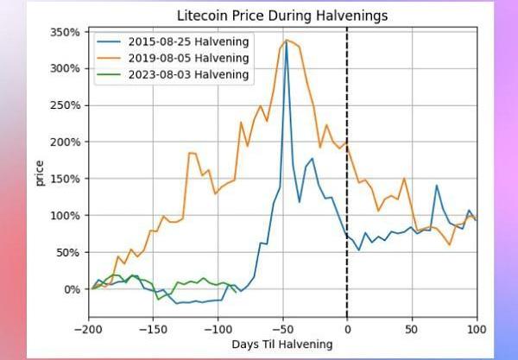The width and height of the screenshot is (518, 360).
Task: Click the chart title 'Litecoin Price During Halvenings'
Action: tap(281, 16)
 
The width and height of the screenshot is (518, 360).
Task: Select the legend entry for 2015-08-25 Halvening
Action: tap(186, 41)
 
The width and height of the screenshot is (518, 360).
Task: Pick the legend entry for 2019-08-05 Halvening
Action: tap(186, 58)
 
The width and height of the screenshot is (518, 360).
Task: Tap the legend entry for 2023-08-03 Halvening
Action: tap(186, 74)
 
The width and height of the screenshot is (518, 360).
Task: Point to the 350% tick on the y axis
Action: tap(66, 32)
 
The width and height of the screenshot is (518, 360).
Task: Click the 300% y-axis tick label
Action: tap(66, 68)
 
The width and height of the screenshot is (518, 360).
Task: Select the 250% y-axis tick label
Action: tap(66, 105)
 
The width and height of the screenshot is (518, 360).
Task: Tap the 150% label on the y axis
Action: tap(66, 179)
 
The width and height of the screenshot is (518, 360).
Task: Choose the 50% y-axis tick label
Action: tap(69, 252)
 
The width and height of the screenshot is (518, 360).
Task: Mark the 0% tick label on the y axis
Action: tap(73, 289)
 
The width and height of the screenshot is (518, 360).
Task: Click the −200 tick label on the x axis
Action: tap(87, 329)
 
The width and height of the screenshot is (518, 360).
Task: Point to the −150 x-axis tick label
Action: tap(152, 329)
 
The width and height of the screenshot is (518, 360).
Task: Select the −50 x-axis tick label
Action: tap(281, 329)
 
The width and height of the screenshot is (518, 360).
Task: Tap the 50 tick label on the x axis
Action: tap(412, 329)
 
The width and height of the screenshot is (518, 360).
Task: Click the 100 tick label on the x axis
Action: tap(477, 329)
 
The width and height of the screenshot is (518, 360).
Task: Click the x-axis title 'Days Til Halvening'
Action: tap(281, 344)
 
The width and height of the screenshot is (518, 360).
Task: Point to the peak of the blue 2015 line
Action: tap(286, 41)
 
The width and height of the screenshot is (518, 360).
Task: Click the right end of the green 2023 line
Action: tap(235, 292)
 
